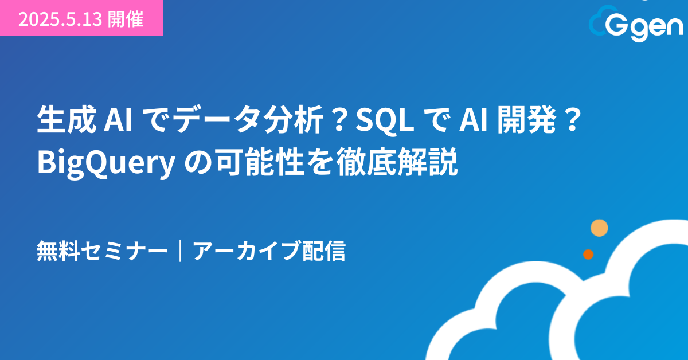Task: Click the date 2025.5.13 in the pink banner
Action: (x=60, y=19)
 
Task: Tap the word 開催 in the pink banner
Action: (x=126, y=19)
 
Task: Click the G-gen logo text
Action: (x=644, y=28)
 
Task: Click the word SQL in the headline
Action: (x=385, y=120)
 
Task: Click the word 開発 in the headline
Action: (x=527, y=119)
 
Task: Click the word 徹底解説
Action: (x=397, y=162)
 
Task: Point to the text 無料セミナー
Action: (x=102, y=251)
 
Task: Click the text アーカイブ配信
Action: (x=269, y=251)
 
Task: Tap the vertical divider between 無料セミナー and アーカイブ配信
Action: (x=180, y=251)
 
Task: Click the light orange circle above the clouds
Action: (x=599, y=228)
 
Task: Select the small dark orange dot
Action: (x=588, y=255)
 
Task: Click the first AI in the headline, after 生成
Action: (x=118, y=120)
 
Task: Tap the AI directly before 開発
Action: (x=474, y=120)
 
